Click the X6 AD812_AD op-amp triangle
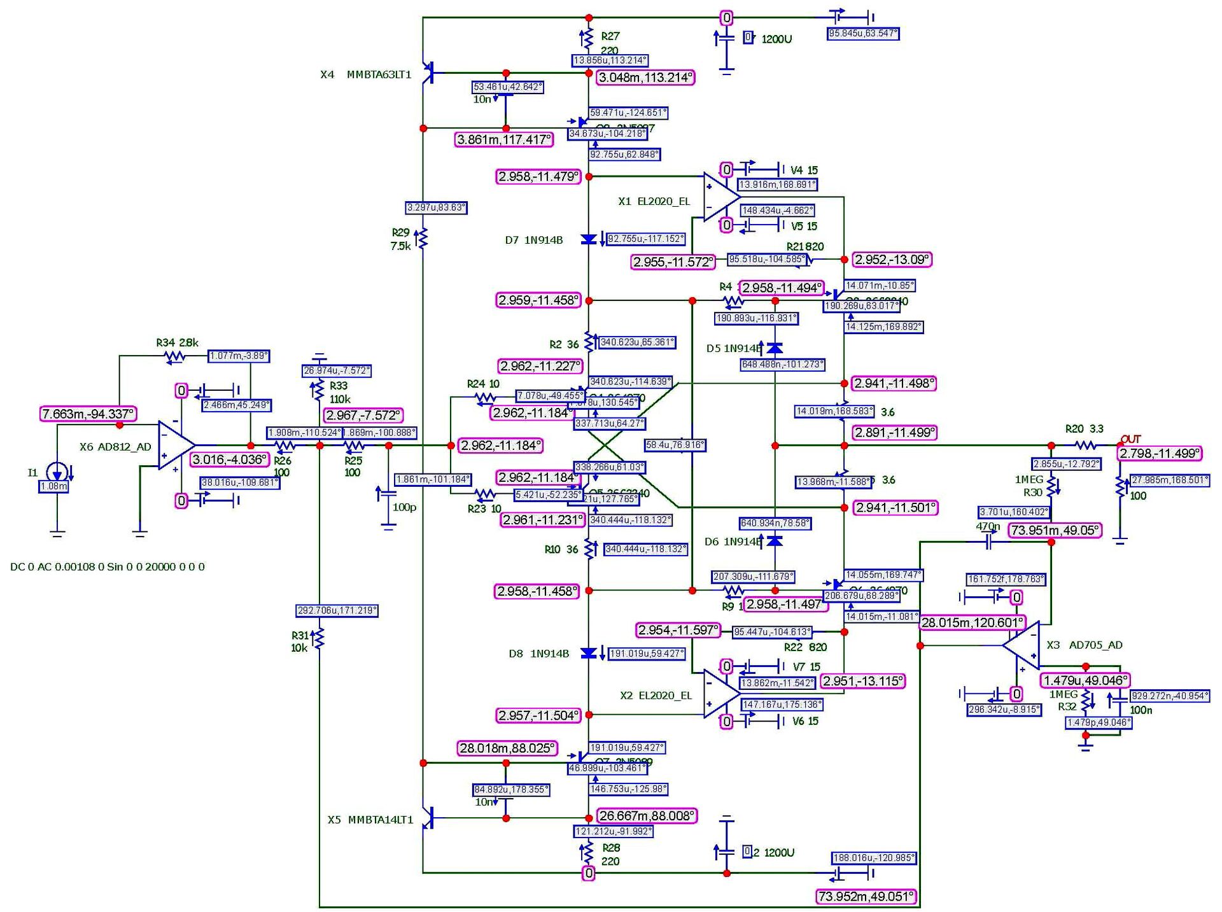pyautogui.click(x=176, y=445)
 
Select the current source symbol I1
pyautogui.click(x=57, y=472)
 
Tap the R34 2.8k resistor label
pyautogui.click(x=177, y=343)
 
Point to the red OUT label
pyautogui.click(x=1131, y=439)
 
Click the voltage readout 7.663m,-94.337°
pyautogui.click(x=88, y=414)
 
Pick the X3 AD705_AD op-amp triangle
pyautogui.click(x=1022, y=645)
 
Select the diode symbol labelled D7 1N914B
pyautogui.click(x=589, y=240)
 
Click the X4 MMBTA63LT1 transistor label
pyautogui.click(x=366, y=74)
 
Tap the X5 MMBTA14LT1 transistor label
pyautogui.click(x=370, y=820)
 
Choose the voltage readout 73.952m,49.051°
pyautogui.click(x=866, y=897)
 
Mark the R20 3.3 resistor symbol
pyautogui.click(x=1086, y=445)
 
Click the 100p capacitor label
pyautogui.click(x=404, y=507)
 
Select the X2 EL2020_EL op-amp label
pyautogui.click(x=656, y=696)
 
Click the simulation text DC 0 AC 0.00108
pyautogui.click(x=108, y=566)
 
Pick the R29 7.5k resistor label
pyautogui.click(x=400, y=239)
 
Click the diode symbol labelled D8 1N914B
pyautogui.click(x=589, y=654)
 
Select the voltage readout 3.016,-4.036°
pyautogui.click(x=229, y=460)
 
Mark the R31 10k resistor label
pyautogui.click(x=300, y=642)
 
